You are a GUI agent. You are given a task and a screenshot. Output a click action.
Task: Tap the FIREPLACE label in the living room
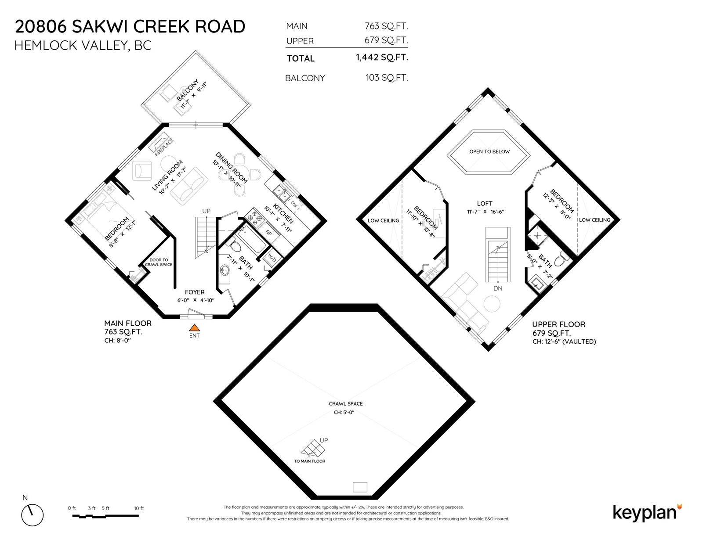pyautogui.click(x=164, y=147)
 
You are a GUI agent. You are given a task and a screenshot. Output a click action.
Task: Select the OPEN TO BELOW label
pyautogui.click(x=489, y=151)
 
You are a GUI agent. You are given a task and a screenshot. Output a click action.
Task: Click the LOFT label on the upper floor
pyautogui.click(x=484, y=203)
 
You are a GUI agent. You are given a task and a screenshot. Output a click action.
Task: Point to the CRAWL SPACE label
pyautogui.click(x=345, y=404)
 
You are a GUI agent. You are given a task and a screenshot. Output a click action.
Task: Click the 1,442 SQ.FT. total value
pyautogui.click(x=382, y=58)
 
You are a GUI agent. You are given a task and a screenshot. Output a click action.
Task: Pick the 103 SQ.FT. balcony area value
pyautogui.click(x=387, y=78)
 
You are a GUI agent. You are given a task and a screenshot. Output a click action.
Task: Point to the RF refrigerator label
pyautogui.click(x=268, y=232)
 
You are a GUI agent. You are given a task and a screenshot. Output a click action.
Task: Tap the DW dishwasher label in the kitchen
pyautogui.click(x=294, y=204)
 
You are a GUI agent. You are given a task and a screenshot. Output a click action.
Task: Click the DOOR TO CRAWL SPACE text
pyautogui.click(x=159, y=262)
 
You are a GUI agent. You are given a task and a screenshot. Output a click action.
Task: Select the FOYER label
pyautogui.click(x=195, y=292)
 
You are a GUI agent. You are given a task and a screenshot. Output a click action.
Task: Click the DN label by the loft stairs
pyautogui.click(x=497, y=288)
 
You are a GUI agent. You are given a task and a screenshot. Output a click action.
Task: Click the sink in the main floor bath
pyautogui.click(x=224, y=270)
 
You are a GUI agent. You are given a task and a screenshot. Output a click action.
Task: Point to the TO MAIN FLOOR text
pyautogui.click(x=310, y=461)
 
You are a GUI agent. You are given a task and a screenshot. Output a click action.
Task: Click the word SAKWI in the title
pyautogui.click(x=100, y=26)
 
